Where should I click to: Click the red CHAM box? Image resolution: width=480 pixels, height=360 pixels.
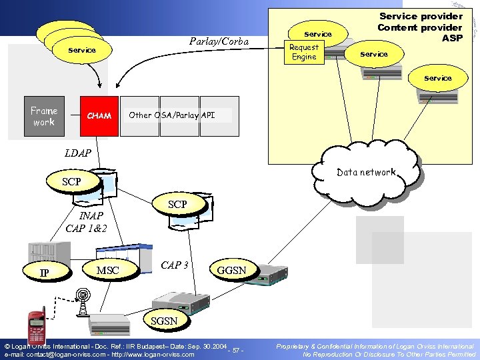tap(99, 115)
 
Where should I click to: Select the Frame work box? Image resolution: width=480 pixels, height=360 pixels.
tap(44, 116)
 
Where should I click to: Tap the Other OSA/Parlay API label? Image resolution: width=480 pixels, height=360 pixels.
tap(171, 115)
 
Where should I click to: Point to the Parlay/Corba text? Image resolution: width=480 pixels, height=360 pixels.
tap(219, 42)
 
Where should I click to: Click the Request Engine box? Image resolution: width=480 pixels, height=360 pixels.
tap(304, 52)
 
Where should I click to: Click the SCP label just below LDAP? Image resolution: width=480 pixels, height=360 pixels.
tap(71, 181)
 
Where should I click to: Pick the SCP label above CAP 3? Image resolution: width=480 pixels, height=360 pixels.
tap(177, 204)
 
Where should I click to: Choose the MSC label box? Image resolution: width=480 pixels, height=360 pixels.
tap(108, 270)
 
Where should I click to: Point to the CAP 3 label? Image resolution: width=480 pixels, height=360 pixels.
tap(175, 265)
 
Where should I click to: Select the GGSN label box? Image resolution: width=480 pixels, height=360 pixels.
tap(231, 270)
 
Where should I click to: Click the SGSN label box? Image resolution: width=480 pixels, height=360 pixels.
tap(164, 321)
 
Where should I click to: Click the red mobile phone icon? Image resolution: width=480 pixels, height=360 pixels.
tap(36, 328)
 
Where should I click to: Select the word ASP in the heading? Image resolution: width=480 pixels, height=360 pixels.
tap(451, 38)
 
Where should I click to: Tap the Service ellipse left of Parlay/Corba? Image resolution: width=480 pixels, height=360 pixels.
tap(82, 50)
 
